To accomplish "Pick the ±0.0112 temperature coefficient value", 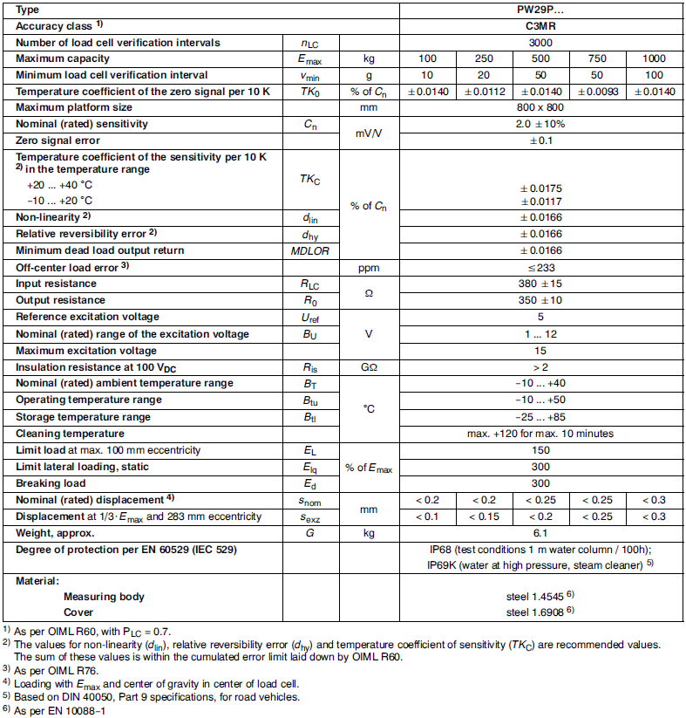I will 483,92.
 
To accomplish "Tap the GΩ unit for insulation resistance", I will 368,367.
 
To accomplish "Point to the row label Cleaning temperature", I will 65,434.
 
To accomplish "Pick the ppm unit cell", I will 368,267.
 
